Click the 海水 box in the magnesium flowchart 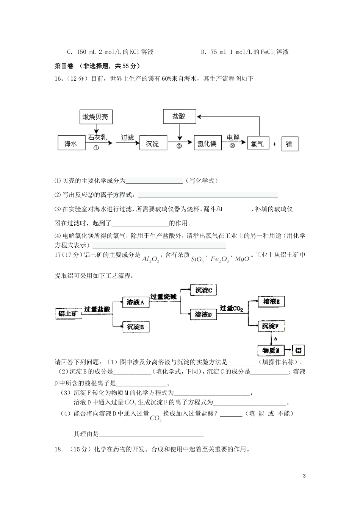pyautogui.click(x=71, y=144)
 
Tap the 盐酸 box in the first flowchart pyautogui.click(x=179, y=117)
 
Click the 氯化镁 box pyautogui.click(x=207, y=144)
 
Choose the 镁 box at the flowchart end pyautogui.click(x=290, y=144)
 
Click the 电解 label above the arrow pyautogui.click(x=233, y=137)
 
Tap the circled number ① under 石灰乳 pyautogui.click(x=96, y=148)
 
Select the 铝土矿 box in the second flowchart pyautogui.click(x=67, y=314)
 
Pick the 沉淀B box pyautogui.click(x=135, y=327)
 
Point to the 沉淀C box pyautogui.click(x=203, y=290)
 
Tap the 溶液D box pyautogui.click(x=203, y=314)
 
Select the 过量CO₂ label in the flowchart pyautogui.click(x=232, y=308)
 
